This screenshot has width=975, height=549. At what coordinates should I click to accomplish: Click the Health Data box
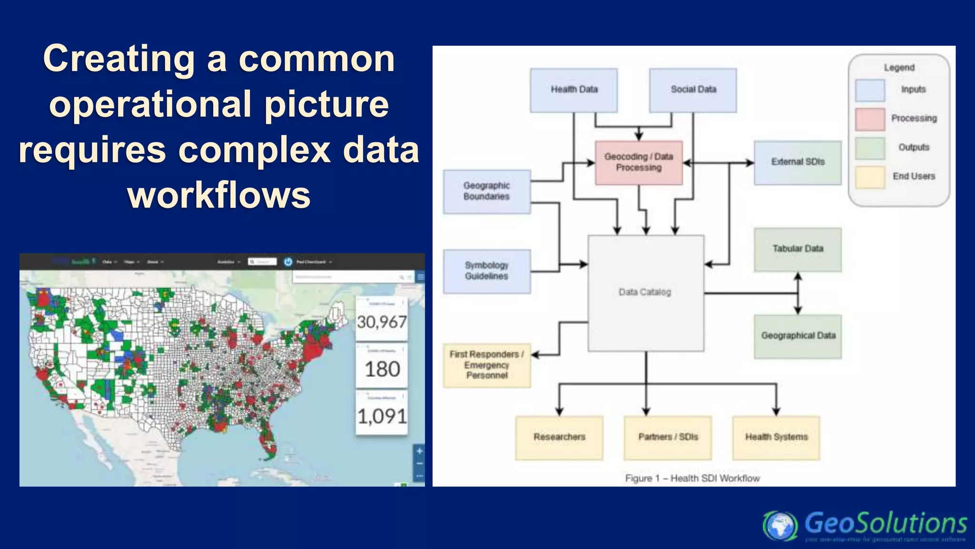pyautogui.click(x=574, y=90)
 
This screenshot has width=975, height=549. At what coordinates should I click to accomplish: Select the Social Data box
pyautogui.click(x=693, y=90)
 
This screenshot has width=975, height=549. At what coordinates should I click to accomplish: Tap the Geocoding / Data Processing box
pyautogui.click(x=638, y=163)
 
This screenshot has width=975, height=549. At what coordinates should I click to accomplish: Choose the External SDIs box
pyautogui.click(x=797, y=163)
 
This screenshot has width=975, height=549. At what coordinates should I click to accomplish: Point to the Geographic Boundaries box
pyautogui.click(x=487, y=192)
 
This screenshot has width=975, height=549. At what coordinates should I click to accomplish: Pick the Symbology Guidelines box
pyautogui.click(x=487, y=271)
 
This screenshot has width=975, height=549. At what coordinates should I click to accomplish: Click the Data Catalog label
pyautogui.click(x=645, y=292)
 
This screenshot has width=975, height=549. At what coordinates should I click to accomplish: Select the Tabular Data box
pyautogui.click(x=797, y=249)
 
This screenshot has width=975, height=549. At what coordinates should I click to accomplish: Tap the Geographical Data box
pyautogui.click(x=797, y=336)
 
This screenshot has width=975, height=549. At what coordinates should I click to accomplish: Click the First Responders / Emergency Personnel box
pyautogui.click(x=487, y=365)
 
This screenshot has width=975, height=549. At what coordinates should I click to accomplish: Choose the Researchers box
pyautogui.click(x=559, y=437)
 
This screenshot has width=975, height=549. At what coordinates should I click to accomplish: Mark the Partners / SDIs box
pyautogui.click(x=667, y=437)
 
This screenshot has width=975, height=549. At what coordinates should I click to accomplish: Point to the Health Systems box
pyautogui.click(x=776, y=437)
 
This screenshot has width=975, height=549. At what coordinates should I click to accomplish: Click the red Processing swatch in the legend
pyautogui.click(x=869, y=119)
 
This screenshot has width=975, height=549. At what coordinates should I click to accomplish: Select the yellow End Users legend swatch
pyautogui.click(x=869, y=177)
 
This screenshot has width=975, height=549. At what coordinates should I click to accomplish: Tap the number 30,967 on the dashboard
pyautogui.click(x=382, y=322)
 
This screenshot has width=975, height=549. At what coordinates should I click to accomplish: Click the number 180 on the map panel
pyautogui.click(x=382, y=369)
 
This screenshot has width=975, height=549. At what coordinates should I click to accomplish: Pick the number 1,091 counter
pyautogui.click(x=382, y=417)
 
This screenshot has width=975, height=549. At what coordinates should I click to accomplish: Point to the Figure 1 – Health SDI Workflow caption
pyautogui.click(x=692, y=478)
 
